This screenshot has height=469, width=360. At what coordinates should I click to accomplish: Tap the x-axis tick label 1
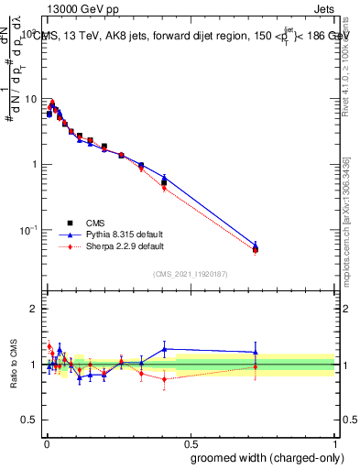click(x=335, y=442)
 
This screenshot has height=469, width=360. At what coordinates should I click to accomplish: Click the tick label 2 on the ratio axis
click(x=35, y=309)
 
